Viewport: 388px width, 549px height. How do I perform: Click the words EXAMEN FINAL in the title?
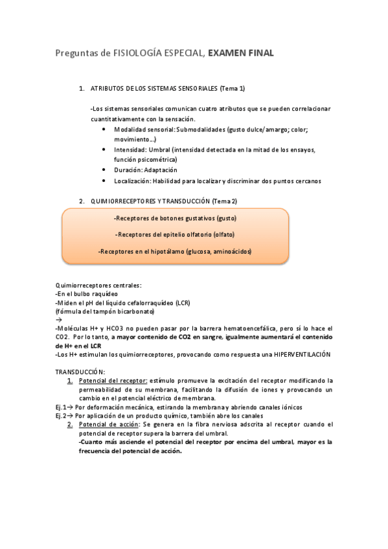click(241, 54)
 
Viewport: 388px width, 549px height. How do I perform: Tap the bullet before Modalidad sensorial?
click(105, 129)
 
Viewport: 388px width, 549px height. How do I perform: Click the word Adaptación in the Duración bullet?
click(161, 170)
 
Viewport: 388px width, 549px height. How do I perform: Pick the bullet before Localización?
click(105, 181)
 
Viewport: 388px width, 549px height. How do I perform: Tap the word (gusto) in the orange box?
click(227, 218)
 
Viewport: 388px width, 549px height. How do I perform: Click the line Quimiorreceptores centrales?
click(98, 285)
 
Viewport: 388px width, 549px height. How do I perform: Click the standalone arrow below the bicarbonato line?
click(58, 320)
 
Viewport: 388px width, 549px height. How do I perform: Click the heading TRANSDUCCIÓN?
click(80, 372)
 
